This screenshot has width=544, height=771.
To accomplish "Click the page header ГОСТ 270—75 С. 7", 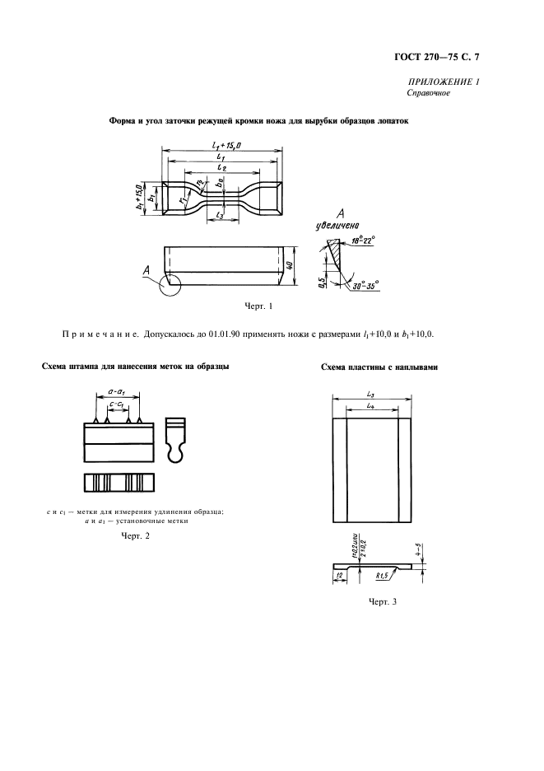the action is [436, 57].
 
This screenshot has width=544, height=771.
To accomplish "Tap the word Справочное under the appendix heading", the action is [429, 93].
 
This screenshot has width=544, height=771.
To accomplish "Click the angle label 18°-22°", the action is [363, 241].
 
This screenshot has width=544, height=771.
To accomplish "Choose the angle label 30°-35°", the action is [365, 285].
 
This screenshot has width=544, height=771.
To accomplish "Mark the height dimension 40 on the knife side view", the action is [290, 265].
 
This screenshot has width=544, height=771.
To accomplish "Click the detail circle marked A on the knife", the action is [170, 285].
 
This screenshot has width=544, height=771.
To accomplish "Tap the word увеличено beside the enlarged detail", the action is [337, 226].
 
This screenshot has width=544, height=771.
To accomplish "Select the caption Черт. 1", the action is [258, 306].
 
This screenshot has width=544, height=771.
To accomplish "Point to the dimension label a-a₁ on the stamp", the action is [117, 391].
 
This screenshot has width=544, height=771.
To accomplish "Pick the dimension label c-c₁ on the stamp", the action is [117, 404].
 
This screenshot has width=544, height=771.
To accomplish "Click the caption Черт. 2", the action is [135, 535].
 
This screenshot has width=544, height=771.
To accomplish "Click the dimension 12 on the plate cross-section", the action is [338, 575].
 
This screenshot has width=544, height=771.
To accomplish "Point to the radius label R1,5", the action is [381, 576].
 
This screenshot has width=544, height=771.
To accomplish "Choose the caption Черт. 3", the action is [382, 601].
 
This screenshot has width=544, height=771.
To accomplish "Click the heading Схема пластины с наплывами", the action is [379, 367].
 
